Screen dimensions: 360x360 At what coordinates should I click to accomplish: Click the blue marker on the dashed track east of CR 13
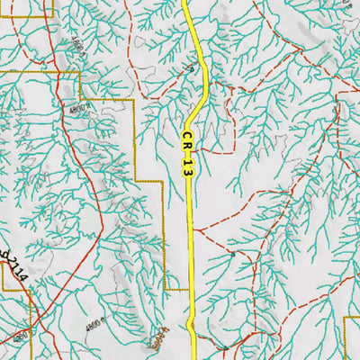point(232,255)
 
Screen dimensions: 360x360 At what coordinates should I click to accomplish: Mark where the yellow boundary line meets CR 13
point(192,290)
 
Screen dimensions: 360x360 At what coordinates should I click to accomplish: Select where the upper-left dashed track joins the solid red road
point(54,70)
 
